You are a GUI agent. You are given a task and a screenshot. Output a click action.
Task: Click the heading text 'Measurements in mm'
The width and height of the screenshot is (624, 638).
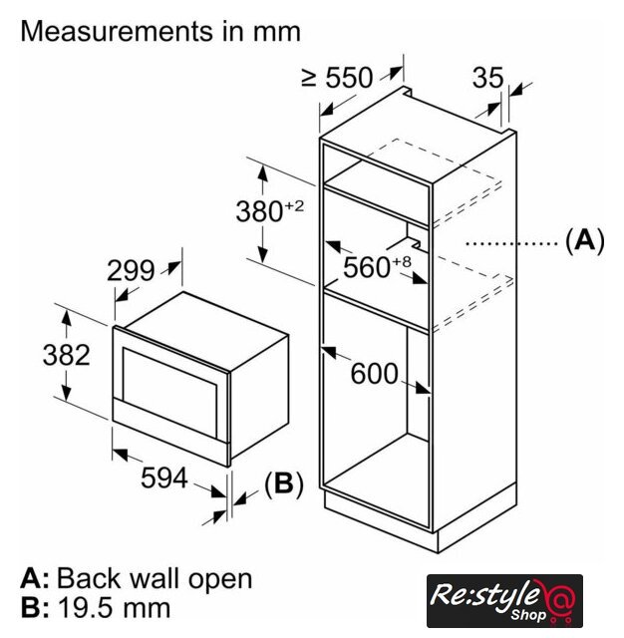coord(160,31)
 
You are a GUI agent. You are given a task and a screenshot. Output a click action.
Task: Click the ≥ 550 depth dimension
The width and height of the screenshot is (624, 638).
coord(336,78)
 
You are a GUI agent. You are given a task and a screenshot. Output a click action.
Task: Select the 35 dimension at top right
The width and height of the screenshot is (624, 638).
coord(488,79)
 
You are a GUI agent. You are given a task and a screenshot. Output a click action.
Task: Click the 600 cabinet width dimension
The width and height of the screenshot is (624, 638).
coord(375,374)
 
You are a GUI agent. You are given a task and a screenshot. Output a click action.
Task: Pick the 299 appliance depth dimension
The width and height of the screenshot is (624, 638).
coord(132,271)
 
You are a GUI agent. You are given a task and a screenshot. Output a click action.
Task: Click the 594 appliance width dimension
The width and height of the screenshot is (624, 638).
coord(164,478)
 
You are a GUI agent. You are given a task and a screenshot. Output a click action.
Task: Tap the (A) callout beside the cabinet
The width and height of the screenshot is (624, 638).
coord(584,241)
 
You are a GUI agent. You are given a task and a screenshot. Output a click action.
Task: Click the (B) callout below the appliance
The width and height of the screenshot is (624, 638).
coord(282,484)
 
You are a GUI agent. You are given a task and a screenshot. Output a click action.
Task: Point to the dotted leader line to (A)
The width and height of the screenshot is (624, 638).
coord(508,242)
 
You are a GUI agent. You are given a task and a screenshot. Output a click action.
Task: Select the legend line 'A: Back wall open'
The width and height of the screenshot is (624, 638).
coord(137,578)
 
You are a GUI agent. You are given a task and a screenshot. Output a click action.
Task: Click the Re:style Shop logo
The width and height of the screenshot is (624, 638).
coord(504,600)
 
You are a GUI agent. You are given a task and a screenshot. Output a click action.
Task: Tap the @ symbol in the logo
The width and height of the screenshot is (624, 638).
coord(561,599)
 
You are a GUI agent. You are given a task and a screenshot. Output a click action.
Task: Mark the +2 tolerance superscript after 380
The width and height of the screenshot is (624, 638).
coord(293,205)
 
